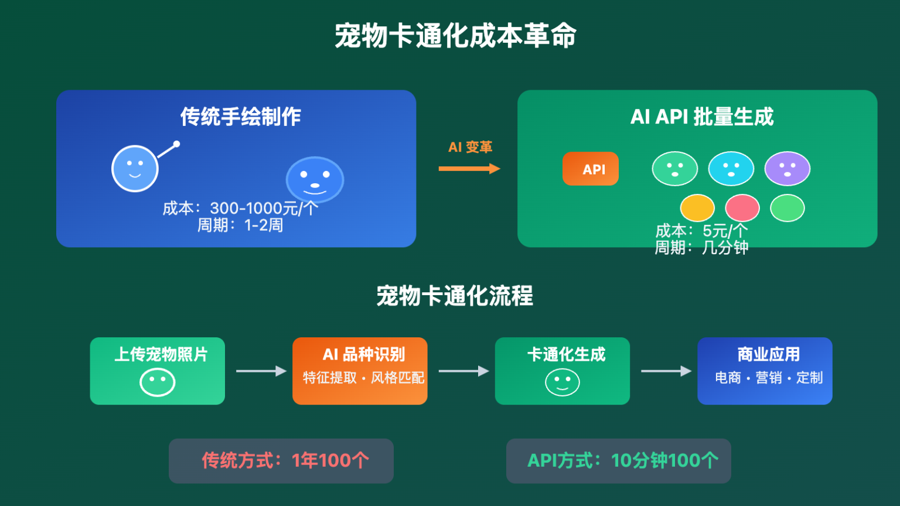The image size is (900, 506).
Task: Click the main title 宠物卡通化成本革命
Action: tap(455, 36)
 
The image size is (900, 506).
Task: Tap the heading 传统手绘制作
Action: tap(240, 117)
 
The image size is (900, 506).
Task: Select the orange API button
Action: tap(591, 169)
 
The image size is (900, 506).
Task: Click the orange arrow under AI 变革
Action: tap(469, 169)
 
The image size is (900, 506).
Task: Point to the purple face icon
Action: tap(787, 169)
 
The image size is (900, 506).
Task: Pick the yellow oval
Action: tap(697, 208)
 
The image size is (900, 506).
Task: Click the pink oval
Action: tap(742, 208)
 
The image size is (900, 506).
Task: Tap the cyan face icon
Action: tap(731, 169)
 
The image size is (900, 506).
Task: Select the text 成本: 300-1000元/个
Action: tap(240, 208)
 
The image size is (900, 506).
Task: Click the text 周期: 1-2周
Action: tap(240, 225)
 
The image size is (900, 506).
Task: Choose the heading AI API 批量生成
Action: tap(702, 117)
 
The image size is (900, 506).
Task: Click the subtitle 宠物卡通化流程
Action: tap(455, 296)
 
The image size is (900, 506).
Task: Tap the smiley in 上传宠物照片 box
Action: tap(157, 382)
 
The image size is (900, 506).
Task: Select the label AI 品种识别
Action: tap(364, 354)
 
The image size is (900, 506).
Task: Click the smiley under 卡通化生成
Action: tap(562, 382)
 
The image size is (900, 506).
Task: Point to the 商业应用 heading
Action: tap(768, 354)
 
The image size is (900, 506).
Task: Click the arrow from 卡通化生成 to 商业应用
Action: tap(666, 371)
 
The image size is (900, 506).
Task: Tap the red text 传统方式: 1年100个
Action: tap(285, 460)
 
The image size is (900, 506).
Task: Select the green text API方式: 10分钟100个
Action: tap(623, 460)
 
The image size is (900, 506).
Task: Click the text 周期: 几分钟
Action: tap(701, 248)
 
